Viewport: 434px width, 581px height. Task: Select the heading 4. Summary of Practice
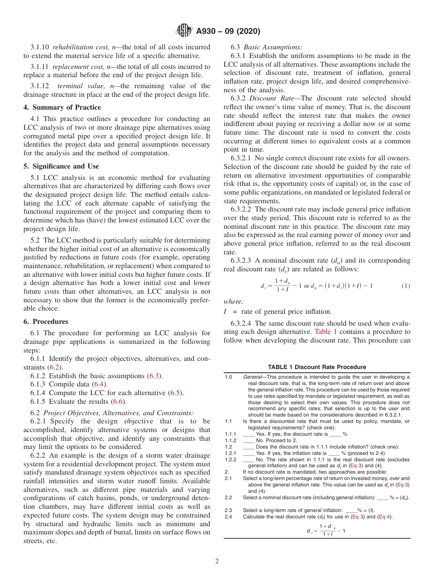62,107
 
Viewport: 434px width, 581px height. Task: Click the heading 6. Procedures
46,322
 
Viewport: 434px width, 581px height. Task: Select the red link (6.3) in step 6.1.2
154,376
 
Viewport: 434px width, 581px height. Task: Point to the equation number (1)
406,286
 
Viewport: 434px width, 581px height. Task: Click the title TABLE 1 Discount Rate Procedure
317,367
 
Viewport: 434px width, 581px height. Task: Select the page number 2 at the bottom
217,561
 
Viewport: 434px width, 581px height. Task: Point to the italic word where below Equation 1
233,301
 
